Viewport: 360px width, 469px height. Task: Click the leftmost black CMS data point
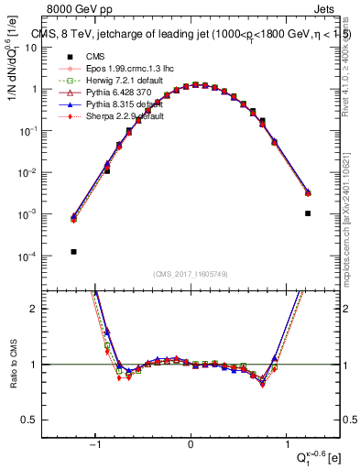[x=73, y=251]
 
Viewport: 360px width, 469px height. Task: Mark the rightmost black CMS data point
[x=308, y=213]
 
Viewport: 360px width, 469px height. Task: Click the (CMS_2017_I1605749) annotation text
[x=191, y=274]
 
